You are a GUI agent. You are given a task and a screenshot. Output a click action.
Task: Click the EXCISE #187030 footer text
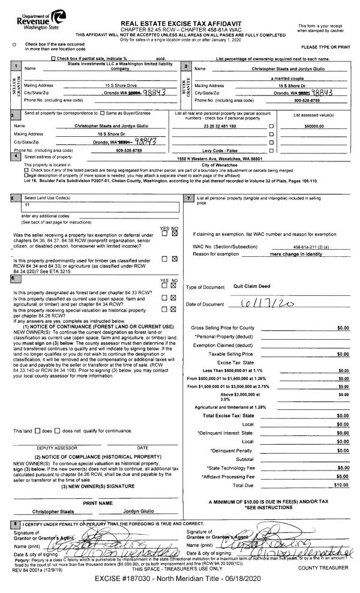pyautogui.click(x=180, y=583)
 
